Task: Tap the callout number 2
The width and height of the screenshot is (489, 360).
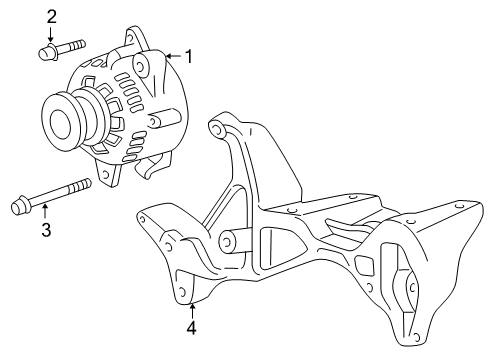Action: [50, 16]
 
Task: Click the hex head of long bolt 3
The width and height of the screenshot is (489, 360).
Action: [18, 207]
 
